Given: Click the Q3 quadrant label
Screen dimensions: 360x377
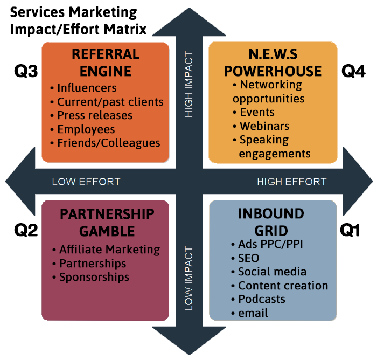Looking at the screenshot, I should (25, 72).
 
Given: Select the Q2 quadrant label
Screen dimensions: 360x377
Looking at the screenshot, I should (25, 230).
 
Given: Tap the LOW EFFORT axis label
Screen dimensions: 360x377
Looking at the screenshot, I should (86, 182).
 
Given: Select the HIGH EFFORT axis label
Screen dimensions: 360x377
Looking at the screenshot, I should (291, 182).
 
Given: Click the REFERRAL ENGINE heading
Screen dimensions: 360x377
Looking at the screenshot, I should (105, 63).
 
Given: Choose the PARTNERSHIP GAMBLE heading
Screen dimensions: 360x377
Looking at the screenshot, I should (106, 222).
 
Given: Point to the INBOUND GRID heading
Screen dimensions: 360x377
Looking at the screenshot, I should (271, 221).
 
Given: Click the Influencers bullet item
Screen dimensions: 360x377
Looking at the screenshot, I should (86, 88).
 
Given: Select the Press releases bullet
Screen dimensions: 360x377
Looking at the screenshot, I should (94, 115).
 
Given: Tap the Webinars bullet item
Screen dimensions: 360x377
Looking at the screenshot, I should (263, 126).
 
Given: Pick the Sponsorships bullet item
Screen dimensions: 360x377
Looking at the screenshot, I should (94, 277).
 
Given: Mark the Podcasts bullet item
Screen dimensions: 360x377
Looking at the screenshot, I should (261, 299).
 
